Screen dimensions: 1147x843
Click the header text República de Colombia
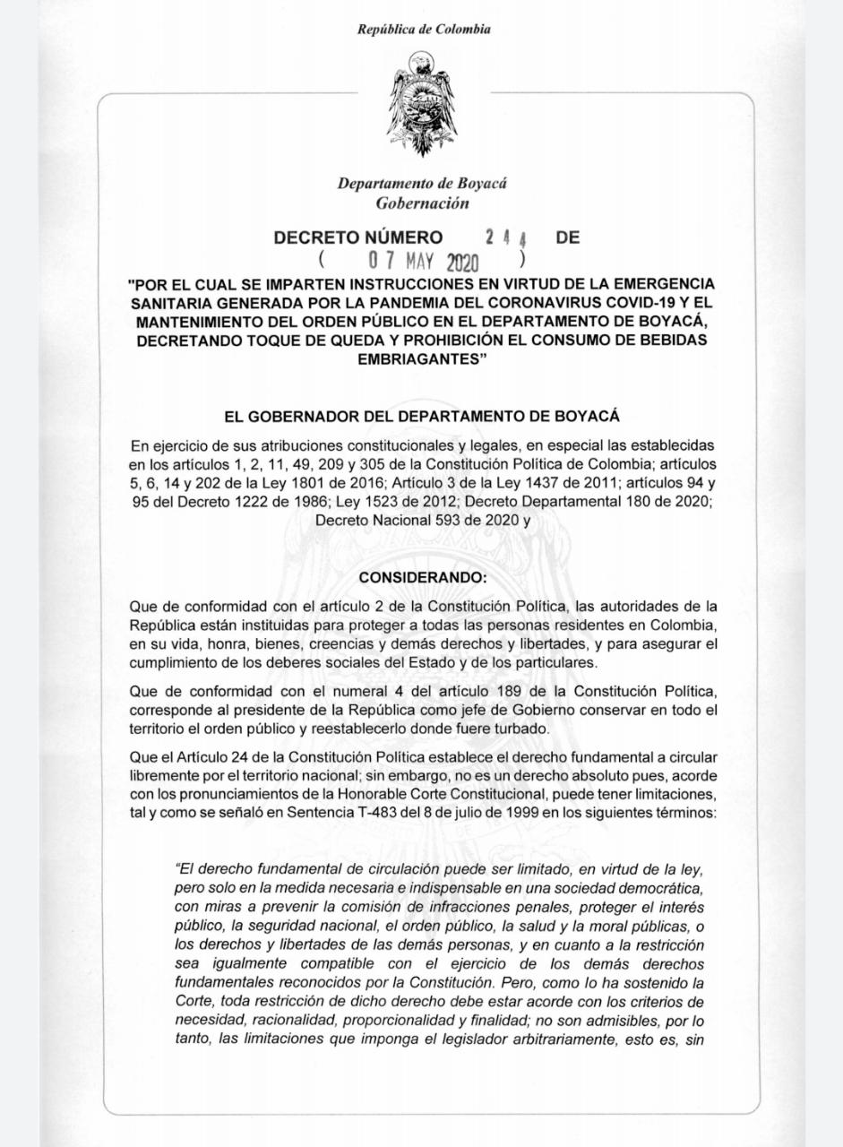(x=424, y=30)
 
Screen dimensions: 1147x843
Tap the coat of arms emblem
(x=421, y=106)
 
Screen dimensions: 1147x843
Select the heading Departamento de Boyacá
(x=422, y=184)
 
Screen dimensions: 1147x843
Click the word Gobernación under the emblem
(x=422, y=203)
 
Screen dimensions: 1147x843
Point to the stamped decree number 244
(x=506, y=238)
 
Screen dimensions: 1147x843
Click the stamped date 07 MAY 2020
(x=424, y=263)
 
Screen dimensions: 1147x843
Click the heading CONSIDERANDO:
(x=421, y=575)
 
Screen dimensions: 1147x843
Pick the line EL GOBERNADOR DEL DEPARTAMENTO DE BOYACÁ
(x=421, y=417)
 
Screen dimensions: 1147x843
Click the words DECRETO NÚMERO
(x=358, y=238)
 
